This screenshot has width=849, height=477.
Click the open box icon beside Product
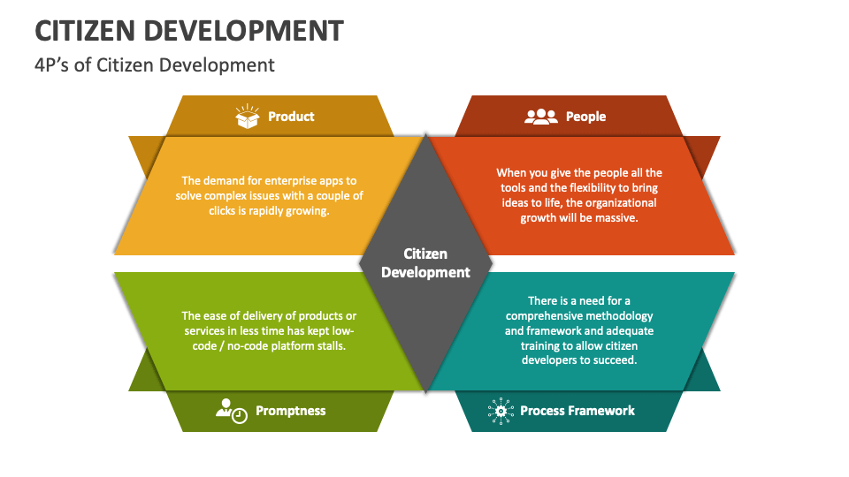(x=247, y=117)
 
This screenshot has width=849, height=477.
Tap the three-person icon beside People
(x=541, y=117)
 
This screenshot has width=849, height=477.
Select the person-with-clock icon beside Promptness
(x=232, y=410)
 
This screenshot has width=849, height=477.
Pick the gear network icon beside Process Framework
(x=501, y=410)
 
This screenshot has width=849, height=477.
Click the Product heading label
(x=291, y=117)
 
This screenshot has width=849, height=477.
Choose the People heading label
(x=585, y=117)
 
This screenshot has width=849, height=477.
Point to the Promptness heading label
(x=290, y=411)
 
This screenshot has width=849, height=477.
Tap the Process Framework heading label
(x=577, y=411)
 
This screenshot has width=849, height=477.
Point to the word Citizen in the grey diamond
(x=425, y=254)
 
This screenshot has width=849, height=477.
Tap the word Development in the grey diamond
(x=425, y=272)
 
